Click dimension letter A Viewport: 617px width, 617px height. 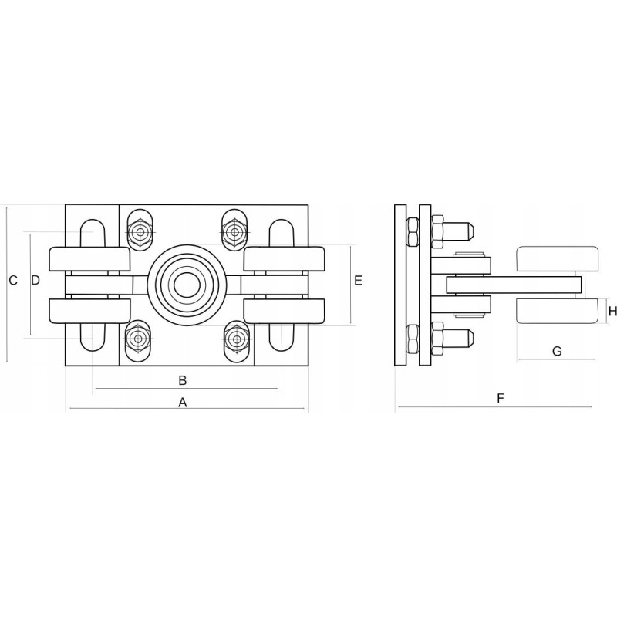(183, 403)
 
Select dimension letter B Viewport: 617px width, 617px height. (183, 380)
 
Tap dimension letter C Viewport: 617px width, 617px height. (13, 281)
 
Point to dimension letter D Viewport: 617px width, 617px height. (35, 281)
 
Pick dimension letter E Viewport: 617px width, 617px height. (358, 281)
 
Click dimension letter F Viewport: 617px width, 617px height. (501, 398)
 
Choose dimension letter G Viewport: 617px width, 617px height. (557, 351)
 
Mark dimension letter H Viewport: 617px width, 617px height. (612, 312)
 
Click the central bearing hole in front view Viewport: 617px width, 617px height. (187, 285)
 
